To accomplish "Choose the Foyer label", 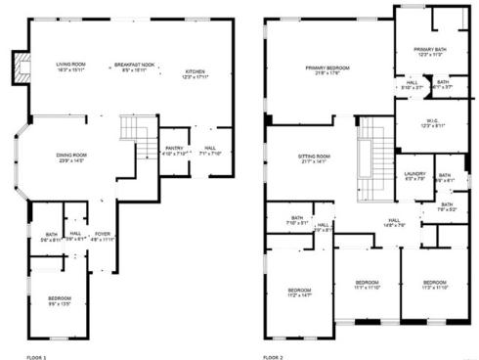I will pos(102,235).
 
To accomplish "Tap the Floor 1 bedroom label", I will pos(60,300).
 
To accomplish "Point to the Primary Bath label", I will pos(429,51).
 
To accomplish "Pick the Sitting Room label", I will pos(314,158).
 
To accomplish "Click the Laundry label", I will pos(414,176).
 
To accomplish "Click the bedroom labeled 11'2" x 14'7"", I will pos(298,292).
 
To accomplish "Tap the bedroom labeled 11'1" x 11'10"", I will pos(367,285).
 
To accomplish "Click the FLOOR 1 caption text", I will pos(36,357).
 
